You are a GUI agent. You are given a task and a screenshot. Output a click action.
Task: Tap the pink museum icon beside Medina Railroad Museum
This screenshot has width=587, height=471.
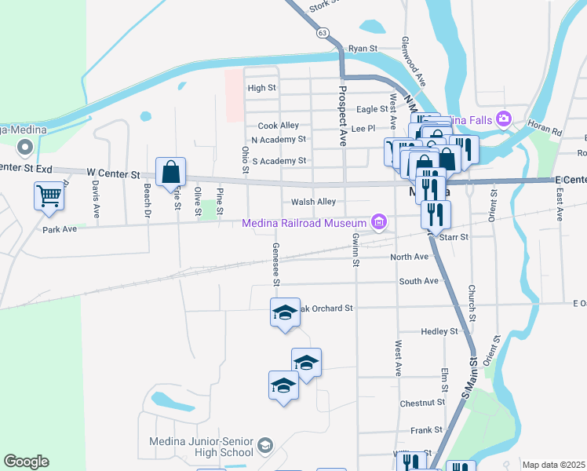tap(380, 223)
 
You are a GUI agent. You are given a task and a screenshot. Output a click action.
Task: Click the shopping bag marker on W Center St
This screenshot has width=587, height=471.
tap(170, 171)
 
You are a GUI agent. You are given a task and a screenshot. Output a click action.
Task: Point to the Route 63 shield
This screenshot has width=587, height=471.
tap(323, 34)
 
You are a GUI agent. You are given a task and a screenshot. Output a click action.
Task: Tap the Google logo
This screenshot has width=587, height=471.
tap(26, 462)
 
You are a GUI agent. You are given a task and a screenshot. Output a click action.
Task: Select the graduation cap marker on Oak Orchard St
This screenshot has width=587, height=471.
tap(285, 313)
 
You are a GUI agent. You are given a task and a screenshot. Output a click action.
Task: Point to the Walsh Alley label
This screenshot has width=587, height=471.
tap(313, 202)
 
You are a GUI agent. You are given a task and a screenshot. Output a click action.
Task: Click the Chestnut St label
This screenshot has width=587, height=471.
tap(422, 403)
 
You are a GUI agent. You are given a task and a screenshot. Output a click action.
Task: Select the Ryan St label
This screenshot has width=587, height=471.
tap(363, 48)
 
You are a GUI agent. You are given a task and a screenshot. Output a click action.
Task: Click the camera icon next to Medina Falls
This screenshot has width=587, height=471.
tap(503, 119)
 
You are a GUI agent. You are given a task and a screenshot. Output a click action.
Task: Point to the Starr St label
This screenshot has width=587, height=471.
tap(454, 236)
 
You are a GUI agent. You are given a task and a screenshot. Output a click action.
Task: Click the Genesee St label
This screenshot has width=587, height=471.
tap(276, 263)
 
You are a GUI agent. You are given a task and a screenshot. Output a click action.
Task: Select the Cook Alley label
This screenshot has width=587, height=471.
tap(279, 126)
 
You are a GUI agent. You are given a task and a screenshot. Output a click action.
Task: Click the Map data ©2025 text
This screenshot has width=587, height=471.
tap(552, 465)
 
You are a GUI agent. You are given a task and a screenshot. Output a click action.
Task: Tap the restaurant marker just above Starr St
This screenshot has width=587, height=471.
tap(436, 213)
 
